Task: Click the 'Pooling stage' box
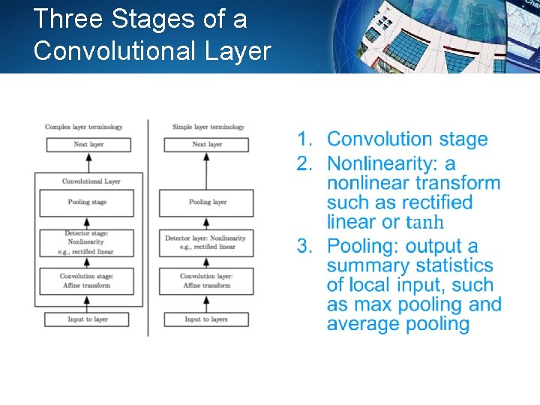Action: [x=88, y=202]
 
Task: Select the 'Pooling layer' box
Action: [x=208, y=202]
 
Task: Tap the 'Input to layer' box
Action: [x=88, y=319]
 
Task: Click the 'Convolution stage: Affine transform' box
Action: [x=88, y=280]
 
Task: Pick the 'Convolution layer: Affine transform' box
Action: [x=208, y=280]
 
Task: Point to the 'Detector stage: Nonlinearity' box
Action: [x=88, y=242]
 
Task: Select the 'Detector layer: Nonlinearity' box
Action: [x=208, y=242]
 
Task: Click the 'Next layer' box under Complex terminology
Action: [x=88, y=145]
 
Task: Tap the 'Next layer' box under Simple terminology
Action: [x=207, y=145]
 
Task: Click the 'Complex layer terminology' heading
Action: [x=83, y=127]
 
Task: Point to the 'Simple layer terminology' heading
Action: [x=208, y=127]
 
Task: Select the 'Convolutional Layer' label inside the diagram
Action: [x=91, y=181]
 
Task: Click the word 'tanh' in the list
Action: [x=424, y=223]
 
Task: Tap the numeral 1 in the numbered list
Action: [x=303, y=139]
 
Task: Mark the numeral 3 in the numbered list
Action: [x=303, y=246]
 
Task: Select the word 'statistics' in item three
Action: [x=457, y=265]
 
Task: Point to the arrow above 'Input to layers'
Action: [x=207, y=303]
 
